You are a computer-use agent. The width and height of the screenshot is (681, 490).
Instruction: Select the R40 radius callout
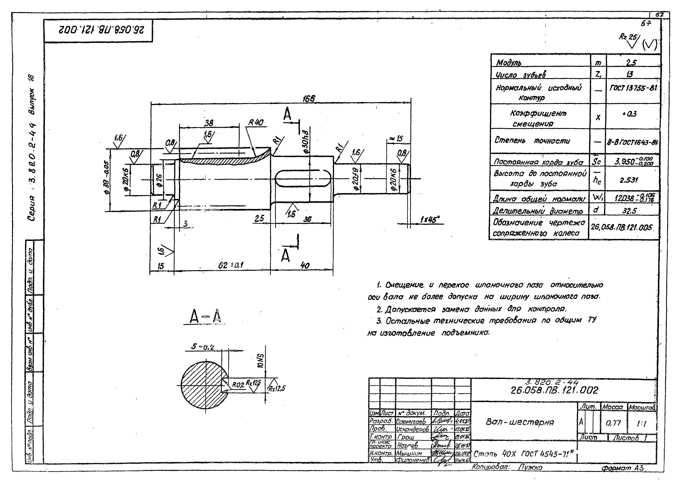(x=256, y=123)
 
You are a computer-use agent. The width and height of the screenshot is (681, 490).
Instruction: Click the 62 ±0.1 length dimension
(x=231, y=265)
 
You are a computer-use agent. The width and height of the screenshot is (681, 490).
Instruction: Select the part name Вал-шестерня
(x=520, y=422)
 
